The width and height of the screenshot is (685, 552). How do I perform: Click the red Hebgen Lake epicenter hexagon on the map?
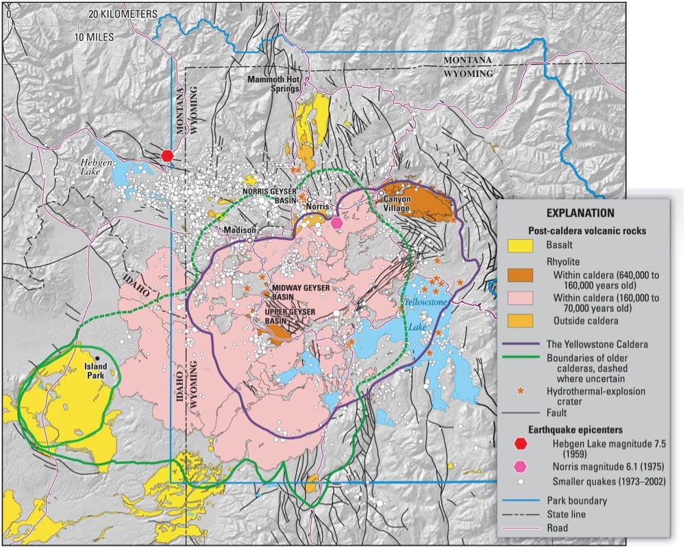coord(166,155)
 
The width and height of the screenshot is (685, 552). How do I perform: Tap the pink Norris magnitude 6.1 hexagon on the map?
coord(336,222)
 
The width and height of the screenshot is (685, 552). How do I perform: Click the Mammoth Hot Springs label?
coord(273,85)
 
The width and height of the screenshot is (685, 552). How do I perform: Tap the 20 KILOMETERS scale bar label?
coord(123,14)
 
